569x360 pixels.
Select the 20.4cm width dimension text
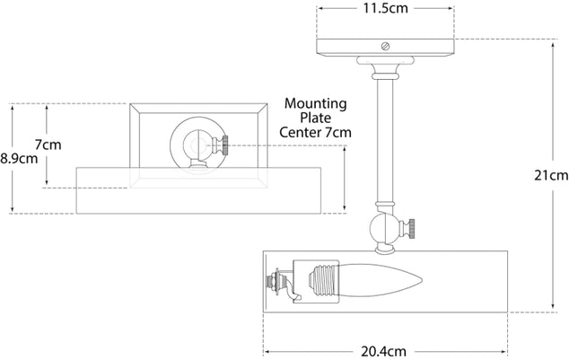point(382,352)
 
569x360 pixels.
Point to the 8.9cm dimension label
point(19,158)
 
